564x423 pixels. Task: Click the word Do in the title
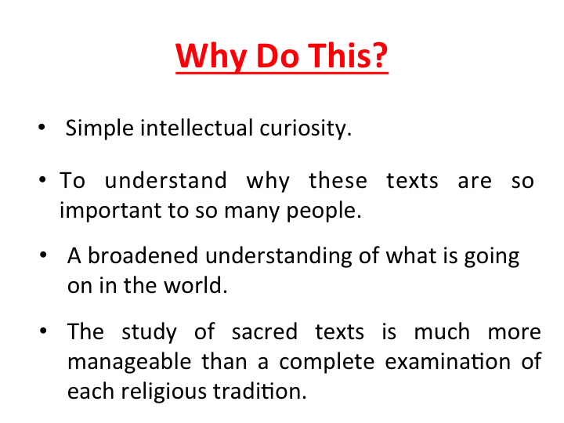click(x=277, y=56)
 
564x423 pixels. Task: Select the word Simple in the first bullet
click(x=99, y=128)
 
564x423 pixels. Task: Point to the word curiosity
click(x=305, y=128)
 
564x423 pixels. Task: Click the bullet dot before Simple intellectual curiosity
click(x=42, y=127)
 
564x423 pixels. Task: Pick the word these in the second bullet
click(x=338, y=180)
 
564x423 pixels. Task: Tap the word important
click(x=110, y=211)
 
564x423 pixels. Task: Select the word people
click(x=324, y=211)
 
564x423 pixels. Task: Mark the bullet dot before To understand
click(x=42, y=179)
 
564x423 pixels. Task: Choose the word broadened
click(x=143, y=255)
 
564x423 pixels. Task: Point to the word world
click(x=196, y=286)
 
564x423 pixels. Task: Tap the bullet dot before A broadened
click(x=44, y=255)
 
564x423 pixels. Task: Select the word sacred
click(x=265, y=331)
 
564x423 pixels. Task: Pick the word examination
click(x=448, y=361)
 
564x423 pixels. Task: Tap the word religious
click(x=164, y=392)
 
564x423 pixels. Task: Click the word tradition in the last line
click(x=260, y=391)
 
